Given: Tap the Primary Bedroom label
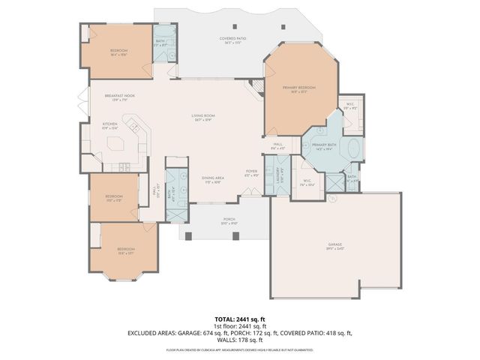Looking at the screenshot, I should click(298, 89).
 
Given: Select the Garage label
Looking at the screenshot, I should click(334, 245).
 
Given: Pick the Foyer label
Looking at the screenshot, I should click(252, 172).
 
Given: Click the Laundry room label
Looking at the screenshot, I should click(278, 180).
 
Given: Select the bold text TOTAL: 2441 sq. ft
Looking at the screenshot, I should click(239, 319).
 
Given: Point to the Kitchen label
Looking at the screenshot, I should click(109, 125).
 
